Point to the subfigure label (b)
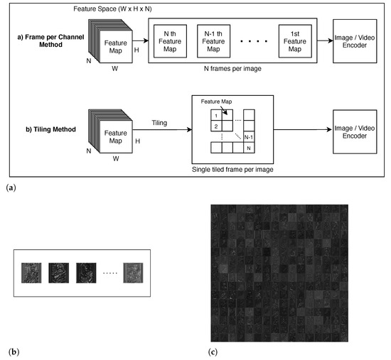click(11, 351)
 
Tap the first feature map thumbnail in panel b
click(31, 274)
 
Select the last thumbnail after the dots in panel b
click(133, 274)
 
